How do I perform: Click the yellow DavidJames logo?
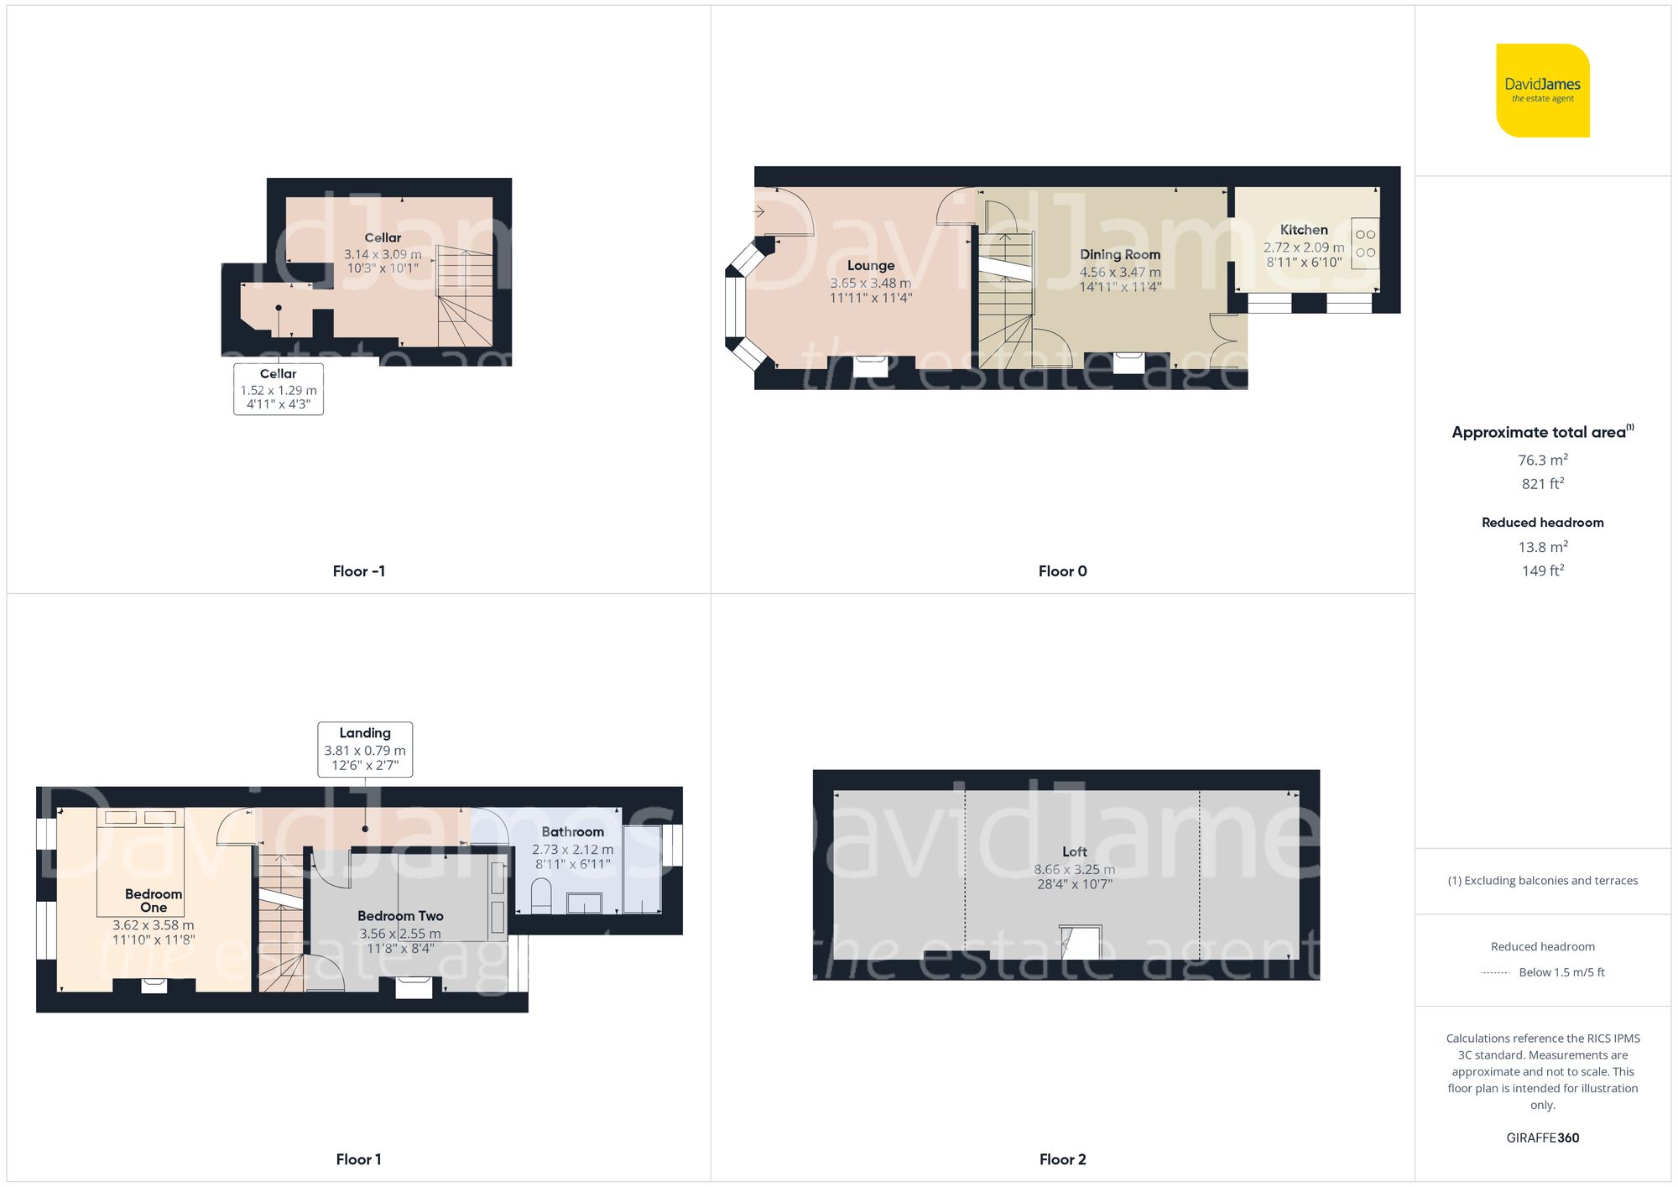1542,91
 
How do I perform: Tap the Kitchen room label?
1303,230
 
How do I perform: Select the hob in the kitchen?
1365,243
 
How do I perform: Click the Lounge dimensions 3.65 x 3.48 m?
870,284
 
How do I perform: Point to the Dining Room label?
1119,254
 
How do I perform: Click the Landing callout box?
365,749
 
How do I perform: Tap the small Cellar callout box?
279,389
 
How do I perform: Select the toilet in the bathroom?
541,895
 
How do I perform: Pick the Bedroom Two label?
400,916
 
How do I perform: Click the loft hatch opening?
1080,942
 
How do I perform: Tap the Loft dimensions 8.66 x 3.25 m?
1074,870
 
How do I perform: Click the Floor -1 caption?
358,571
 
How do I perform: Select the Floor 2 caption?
1062,1159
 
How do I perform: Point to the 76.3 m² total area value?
1542,460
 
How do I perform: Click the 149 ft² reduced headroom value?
1542,570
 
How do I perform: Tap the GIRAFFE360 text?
1542,1138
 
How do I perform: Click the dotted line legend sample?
1495,973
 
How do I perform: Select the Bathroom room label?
572,831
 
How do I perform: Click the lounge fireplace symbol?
870,366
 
